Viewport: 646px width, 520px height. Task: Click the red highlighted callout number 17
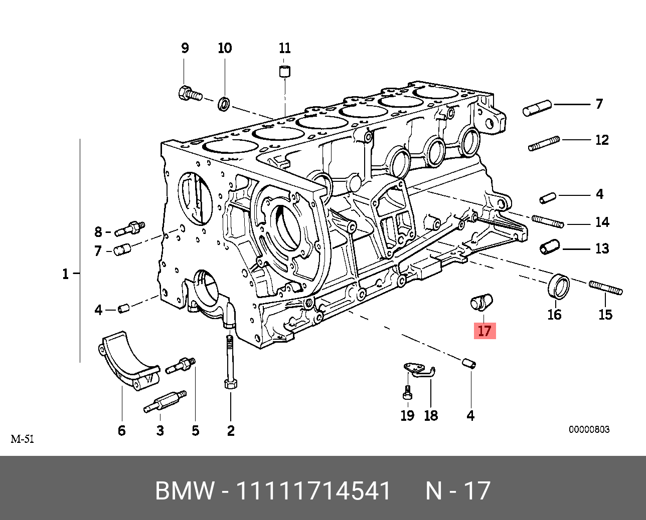click(484, 331)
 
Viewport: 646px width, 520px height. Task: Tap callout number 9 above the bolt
click(185, 48)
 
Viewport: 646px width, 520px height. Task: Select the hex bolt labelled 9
click(189, 94)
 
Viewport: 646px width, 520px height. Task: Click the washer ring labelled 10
click(224, 104)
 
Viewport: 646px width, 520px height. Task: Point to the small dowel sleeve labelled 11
click(285, 71)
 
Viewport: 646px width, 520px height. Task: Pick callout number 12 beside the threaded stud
click(602, 140)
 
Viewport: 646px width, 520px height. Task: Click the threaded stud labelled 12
click(544, 144)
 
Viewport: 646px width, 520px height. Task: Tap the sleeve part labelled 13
click(549, 247)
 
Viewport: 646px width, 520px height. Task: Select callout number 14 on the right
click(602, 222)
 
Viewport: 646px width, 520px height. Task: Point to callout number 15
click(605, 315)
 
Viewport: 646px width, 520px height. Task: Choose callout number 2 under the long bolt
click(231, 430)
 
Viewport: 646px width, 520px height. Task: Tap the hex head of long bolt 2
click(230, 384)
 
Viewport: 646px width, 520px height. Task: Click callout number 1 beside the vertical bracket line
click(65, 274)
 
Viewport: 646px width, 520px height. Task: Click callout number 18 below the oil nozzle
click(431, 415)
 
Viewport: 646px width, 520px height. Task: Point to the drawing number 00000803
click(589, 429)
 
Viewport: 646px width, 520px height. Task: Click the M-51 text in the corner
click(23, 439)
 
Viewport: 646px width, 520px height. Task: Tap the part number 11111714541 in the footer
click(313, 491)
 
